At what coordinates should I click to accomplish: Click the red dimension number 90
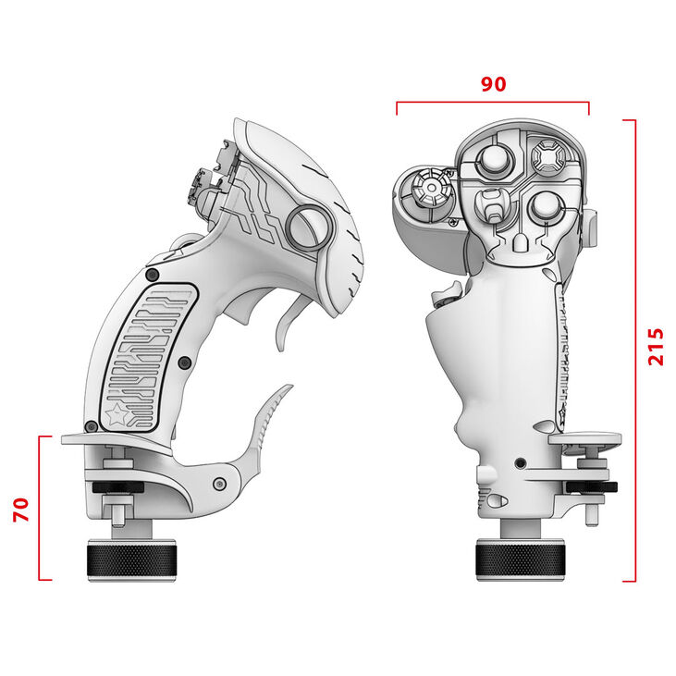pyautogui.click(x=493, y=83)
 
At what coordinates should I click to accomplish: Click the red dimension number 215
pyautogui.click(x=656, y=347)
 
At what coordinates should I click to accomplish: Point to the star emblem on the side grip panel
pyautogui.click(x=117, y=417)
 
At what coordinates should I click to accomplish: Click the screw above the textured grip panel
pyautogui.click(x=152, y=275)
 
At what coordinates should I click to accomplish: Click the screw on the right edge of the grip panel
pyautogui.click(x=183, y=361)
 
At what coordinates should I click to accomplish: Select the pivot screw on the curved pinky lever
pyautogui.click(x=218, y=484)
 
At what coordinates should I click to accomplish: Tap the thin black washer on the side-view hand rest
pyautogui.click(x=117, y=488)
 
